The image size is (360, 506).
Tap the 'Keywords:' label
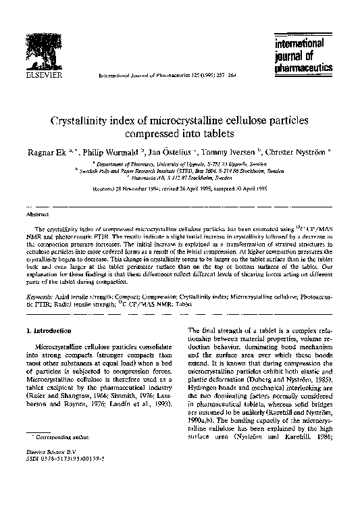coord(43,297)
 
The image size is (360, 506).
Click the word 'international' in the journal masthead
coord(300,44)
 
